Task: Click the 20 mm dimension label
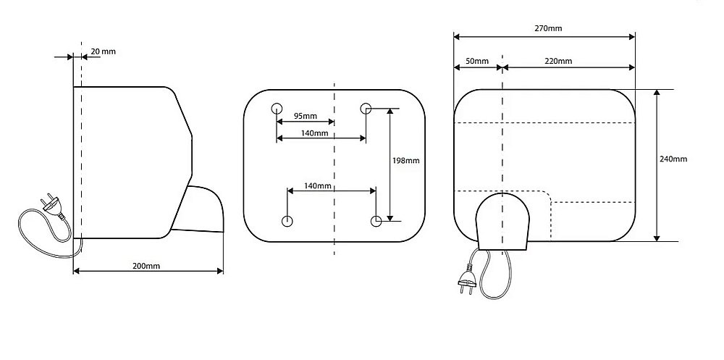[x=103, y=51]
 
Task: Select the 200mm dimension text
[x=146, y=266]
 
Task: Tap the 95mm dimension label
[x=305, y=116]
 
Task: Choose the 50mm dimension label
[x=477, y=61]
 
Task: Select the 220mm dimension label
[x=557, y=61]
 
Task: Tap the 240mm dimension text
[x=673, y=159]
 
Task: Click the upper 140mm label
[x=315, y=133]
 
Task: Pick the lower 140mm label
[x=318, y=186]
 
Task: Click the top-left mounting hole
[x=277, y=109]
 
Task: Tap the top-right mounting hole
[x=366, y=109]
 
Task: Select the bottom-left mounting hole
[x=287, y=221]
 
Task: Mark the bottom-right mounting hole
[x=376, y=220]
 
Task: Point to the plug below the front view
[x=466, y=279]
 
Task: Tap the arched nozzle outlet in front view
[x=502, y=221]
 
